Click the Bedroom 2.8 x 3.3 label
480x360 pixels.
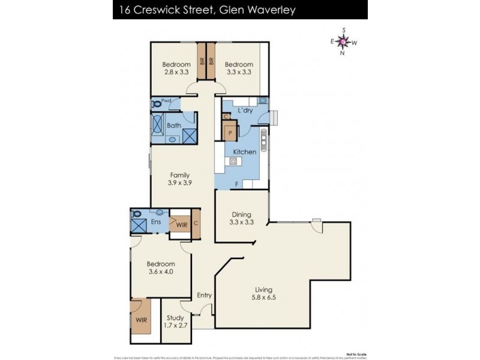click(176, 68)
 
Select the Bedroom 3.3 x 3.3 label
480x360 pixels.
click(239, 68)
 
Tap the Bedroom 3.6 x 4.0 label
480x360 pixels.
click(160, 268)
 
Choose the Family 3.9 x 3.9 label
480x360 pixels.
click(179, 179)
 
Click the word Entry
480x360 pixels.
click(205, 295)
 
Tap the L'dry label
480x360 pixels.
click(245, 112)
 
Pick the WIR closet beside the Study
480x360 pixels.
click(141, 320)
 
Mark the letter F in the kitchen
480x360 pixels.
click(237, 183)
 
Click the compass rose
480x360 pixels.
click(343, 41)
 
